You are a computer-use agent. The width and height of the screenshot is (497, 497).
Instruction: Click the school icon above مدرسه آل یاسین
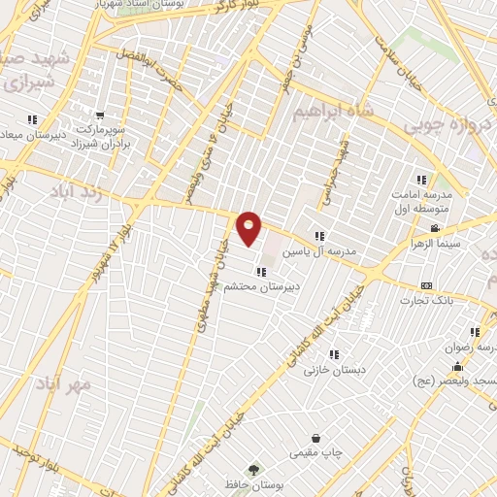(x=318, y=236)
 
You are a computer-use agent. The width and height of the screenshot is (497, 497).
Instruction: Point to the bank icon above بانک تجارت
(x=426, y=285)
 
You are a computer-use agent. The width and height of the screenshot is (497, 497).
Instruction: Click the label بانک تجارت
(x=424, y=301)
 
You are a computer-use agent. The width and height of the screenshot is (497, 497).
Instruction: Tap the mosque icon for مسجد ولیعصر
(x=457, y=367)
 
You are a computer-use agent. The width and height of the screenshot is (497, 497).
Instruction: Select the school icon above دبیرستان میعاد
(x=32, y=119)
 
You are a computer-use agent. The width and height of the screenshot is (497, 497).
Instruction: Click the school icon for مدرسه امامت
(x=421, y=180)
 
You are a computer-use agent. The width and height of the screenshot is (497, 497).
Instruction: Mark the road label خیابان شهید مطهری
(x=208, y=291)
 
